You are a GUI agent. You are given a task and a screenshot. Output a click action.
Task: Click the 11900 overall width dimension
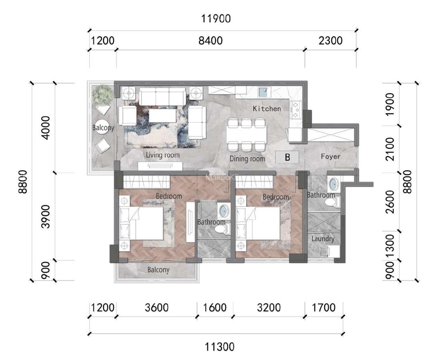(216, 19)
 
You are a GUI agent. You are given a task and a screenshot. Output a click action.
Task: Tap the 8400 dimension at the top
(210, 40)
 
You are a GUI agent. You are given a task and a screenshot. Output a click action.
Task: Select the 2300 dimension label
(330, 40)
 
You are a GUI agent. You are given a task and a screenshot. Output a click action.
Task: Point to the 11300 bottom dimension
(220, 347)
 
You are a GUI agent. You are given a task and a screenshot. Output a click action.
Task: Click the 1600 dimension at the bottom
(215, 308)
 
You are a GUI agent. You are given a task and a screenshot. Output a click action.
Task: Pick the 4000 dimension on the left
(46, 128)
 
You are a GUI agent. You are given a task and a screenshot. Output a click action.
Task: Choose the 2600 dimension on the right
(390, 202)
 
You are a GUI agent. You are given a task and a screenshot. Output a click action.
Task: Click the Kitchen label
(267, 108)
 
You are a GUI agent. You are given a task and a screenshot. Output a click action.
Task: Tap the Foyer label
(330, 156)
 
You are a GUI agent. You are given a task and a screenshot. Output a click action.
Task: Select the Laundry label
(323, 239)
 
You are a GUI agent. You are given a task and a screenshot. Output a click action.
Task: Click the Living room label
(163, 155)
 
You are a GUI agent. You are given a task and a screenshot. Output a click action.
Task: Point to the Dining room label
(247, 158)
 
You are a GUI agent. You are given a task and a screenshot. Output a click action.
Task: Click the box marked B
(287, 157)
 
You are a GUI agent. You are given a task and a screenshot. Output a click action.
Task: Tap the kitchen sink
(264, 92)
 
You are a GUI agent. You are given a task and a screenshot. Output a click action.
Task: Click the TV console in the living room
(160, 166)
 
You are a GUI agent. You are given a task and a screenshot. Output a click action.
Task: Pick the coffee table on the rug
(162, 116)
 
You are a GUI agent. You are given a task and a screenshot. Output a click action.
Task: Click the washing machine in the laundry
(333, 252)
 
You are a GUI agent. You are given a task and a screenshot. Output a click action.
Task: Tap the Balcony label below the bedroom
(158, 270)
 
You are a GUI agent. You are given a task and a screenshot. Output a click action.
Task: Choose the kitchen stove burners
(295, 109)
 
